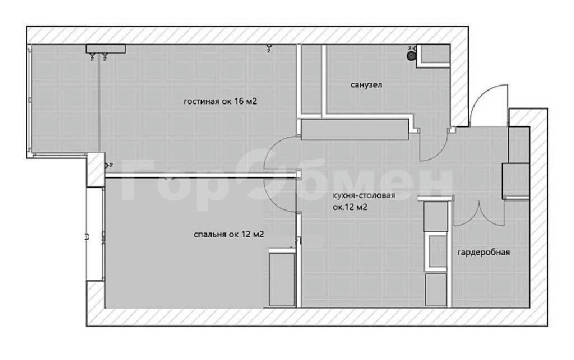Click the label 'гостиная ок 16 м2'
click(220, 101)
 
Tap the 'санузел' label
click(367, 85)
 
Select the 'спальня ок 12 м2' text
click(229, 234)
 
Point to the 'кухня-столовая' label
click(363, 196)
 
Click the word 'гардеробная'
click(484, 252)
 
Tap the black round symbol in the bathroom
click(411, 56)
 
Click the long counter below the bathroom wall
click(354, 130)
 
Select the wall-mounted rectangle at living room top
click(106, 49)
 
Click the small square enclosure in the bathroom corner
click(433, 56)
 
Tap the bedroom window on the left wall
click(94, 234)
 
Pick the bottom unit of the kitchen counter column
click(436, 289)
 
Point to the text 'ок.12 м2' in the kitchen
click(350, 207)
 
